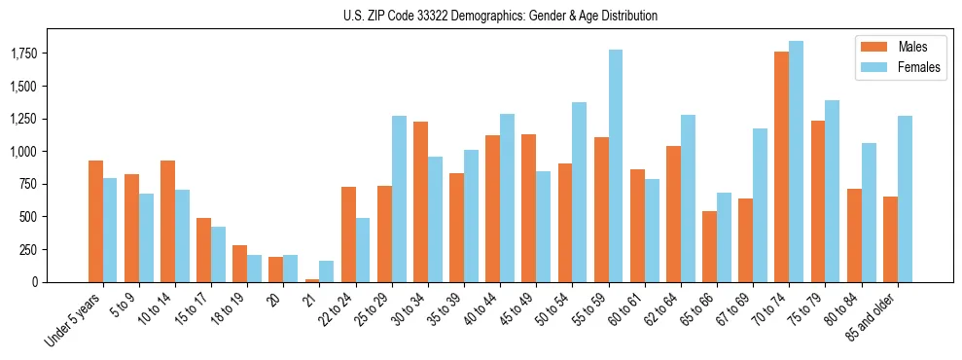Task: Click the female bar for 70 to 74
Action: (796, 162)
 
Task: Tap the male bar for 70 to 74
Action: (781, 166)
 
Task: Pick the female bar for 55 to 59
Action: (616, 165)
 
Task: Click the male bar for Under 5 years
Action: (95, 221)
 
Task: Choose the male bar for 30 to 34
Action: (420, 201)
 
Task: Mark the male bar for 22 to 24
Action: (348, 234)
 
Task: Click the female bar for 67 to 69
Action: (760, 205)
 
